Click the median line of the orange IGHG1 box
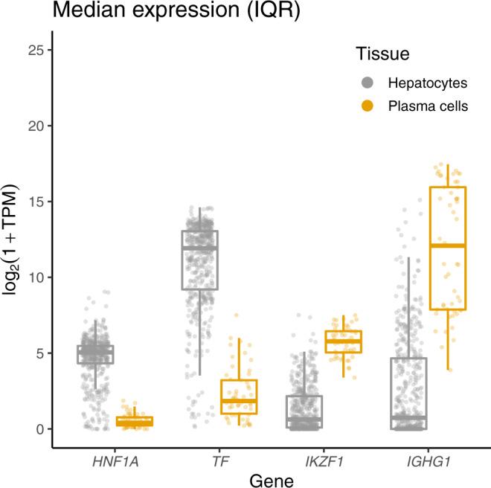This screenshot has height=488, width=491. pos(447,245)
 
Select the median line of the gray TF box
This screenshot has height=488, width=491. pos(199,248)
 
